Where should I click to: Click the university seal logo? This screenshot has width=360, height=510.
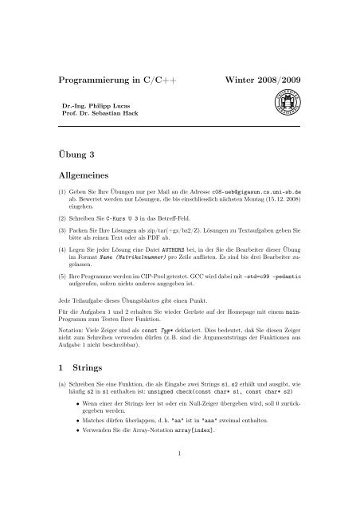302,104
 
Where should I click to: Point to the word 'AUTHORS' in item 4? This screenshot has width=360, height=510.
194,262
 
